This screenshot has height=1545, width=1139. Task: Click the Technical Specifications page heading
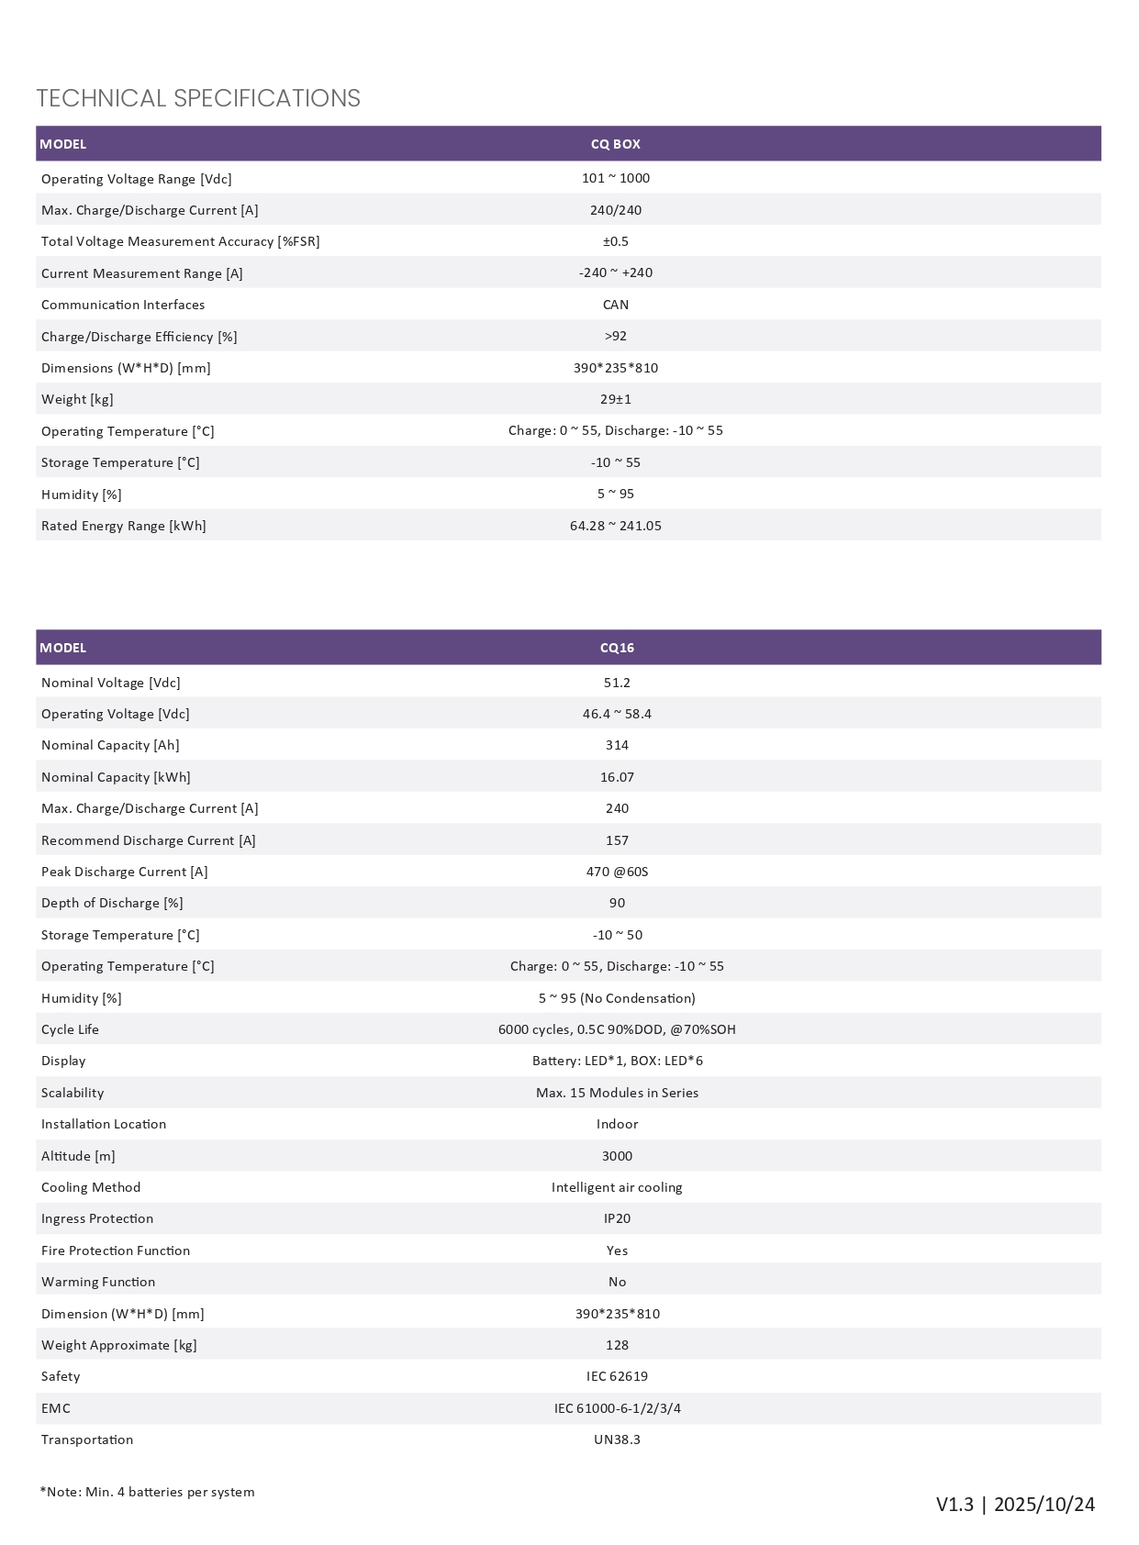[198, 98]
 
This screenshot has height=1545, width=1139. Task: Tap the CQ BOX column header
[615, 144]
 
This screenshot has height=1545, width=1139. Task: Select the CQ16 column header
[617, 648]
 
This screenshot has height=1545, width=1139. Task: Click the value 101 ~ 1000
[615, 178]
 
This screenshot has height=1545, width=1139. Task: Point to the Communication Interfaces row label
[123, 305]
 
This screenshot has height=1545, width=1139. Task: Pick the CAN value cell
[616, 305]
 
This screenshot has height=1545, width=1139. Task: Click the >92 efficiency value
[616, 336]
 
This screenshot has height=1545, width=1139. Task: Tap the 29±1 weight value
[616, 399]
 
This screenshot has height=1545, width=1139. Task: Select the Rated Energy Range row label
[124, 526]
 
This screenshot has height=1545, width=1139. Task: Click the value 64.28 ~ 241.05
[615, 526]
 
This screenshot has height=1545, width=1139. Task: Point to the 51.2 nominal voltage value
[617, 683]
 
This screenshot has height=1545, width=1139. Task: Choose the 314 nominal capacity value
[617, 745]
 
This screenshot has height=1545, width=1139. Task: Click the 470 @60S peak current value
[617, 872]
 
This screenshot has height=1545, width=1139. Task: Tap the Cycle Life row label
[70, 1029]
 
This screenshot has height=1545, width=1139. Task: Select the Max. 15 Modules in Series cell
[617, 1093]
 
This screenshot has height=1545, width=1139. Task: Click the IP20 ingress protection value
[617, 1218]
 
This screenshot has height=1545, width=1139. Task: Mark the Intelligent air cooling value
[617, 1187]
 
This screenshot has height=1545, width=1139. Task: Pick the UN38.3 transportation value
[617, 1439]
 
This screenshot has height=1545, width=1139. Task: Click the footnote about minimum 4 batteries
[147, 1492]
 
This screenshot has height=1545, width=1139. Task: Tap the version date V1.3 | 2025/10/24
[1015, 1505]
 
